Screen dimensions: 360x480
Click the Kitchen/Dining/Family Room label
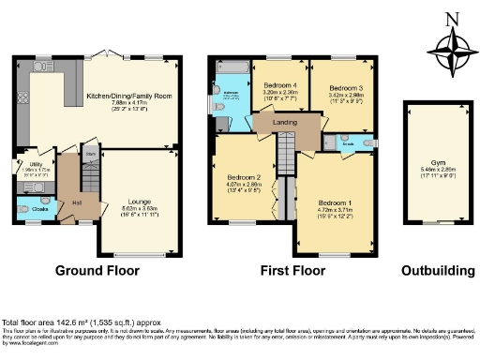click(x=128, y=96)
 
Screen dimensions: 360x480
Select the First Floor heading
click(x=293, y=271)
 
